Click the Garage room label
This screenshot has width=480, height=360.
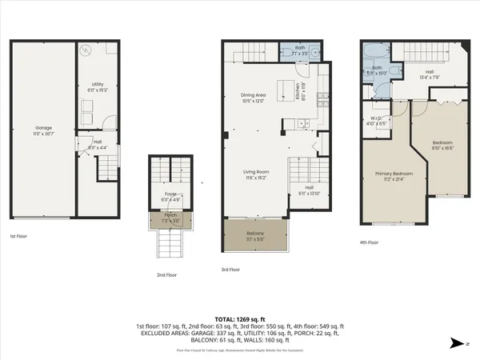tap(42, 127)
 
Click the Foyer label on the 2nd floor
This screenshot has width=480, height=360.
tap(170, 194)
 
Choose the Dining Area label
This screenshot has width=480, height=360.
tap(252, 95)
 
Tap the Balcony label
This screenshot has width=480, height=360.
tap(256, 234)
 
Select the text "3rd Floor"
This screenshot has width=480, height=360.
tap(230, 270)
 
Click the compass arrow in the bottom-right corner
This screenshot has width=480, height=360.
tap(458, 342)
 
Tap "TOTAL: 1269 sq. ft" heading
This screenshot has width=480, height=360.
tap(240, 318)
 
